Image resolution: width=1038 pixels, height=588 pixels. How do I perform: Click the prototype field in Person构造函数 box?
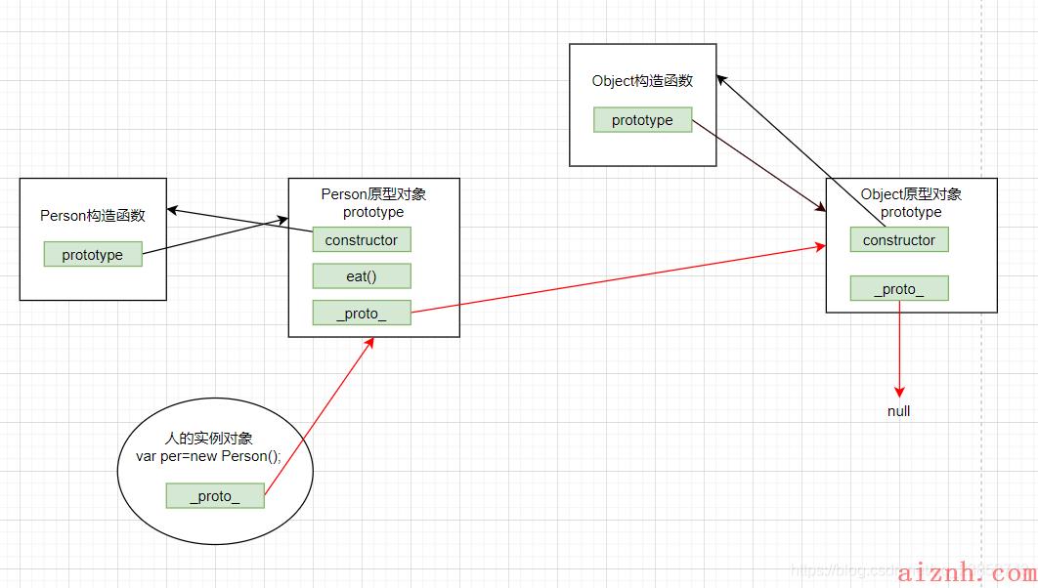pos(93,254)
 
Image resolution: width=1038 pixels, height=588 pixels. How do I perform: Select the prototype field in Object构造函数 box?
pos(642,120)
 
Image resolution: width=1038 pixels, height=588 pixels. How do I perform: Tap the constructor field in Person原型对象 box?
pos(362,239)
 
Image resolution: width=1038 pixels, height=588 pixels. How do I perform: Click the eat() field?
pos(362,276)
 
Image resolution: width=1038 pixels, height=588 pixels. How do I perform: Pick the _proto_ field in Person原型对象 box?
pos(362,313)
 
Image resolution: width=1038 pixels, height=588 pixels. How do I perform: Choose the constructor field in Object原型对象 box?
pos(899,239)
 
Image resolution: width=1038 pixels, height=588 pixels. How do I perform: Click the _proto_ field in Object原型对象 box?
pos(899,288)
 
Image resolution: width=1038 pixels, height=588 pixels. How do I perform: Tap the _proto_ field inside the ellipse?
pos(215,496)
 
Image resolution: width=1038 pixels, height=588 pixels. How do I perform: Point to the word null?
pos(898,411)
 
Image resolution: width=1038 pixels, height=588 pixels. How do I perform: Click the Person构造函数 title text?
pos(93,216)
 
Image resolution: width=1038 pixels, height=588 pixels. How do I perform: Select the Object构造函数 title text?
pos(642,81)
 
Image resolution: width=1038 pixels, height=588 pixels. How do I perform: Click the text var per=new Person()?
pos(215,456)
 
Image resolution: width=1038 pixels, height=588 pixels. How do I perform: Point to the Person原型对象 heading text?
pos(373,194)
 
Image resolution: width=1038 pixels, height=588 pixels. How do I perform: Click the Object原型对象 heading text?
pos(911,194)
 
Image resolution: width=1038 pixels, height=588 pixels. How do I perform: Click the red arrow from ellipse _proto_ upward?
pos(320,415)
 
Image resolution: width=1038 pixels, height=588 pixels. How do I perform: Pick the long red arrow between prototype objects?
pos(616,280)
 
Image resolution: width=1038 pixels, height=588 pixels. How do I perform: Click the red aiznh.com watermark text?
pos(963,568)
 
